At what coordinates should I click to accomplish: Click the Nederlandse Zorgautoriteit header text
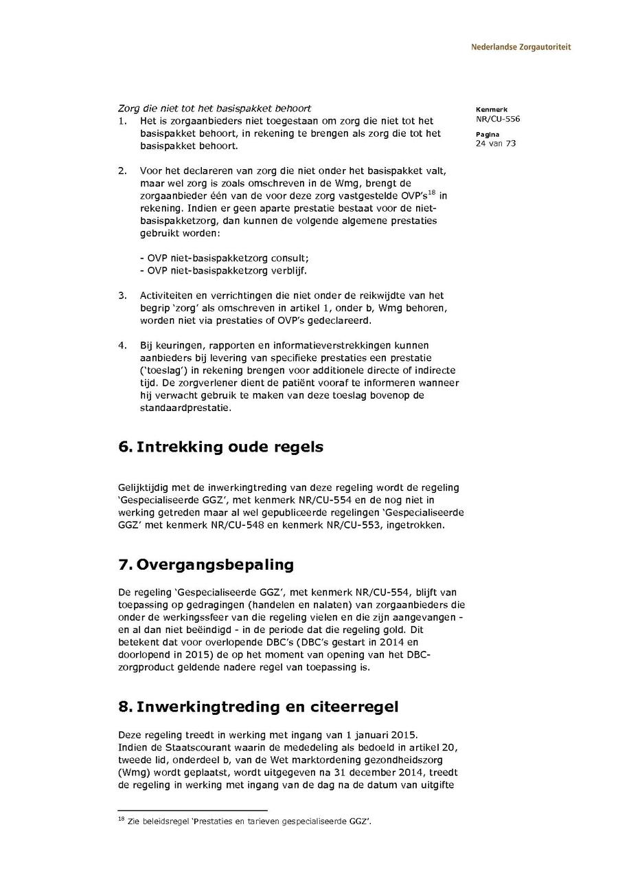pos(520,47)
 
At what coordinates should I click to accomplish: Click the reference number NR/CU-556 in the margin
pos(497,119)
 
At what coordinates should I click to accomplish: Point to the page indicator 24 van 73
pos(495,144)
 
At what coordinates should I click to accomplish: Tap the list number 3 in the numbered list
pos(122,296)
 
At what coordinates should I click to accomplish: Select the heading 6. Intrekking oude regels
pos(220,447)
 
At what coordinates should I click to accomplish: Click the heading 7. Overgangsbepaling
pos(206,565)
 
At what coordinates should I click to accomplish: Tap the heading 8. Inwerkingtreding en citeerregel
pos(258,707)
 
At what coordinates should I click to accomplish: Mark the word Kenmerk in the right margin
pos(491,110)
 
